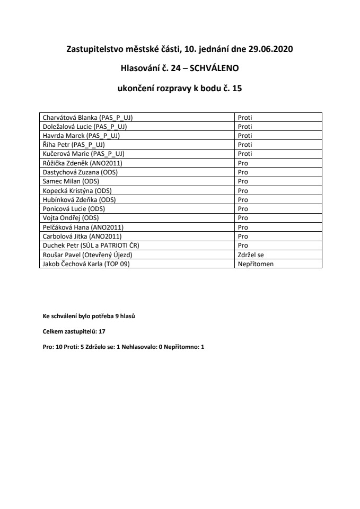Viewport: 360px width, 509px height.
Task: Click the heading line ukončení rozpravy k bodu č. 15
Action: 180,89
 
